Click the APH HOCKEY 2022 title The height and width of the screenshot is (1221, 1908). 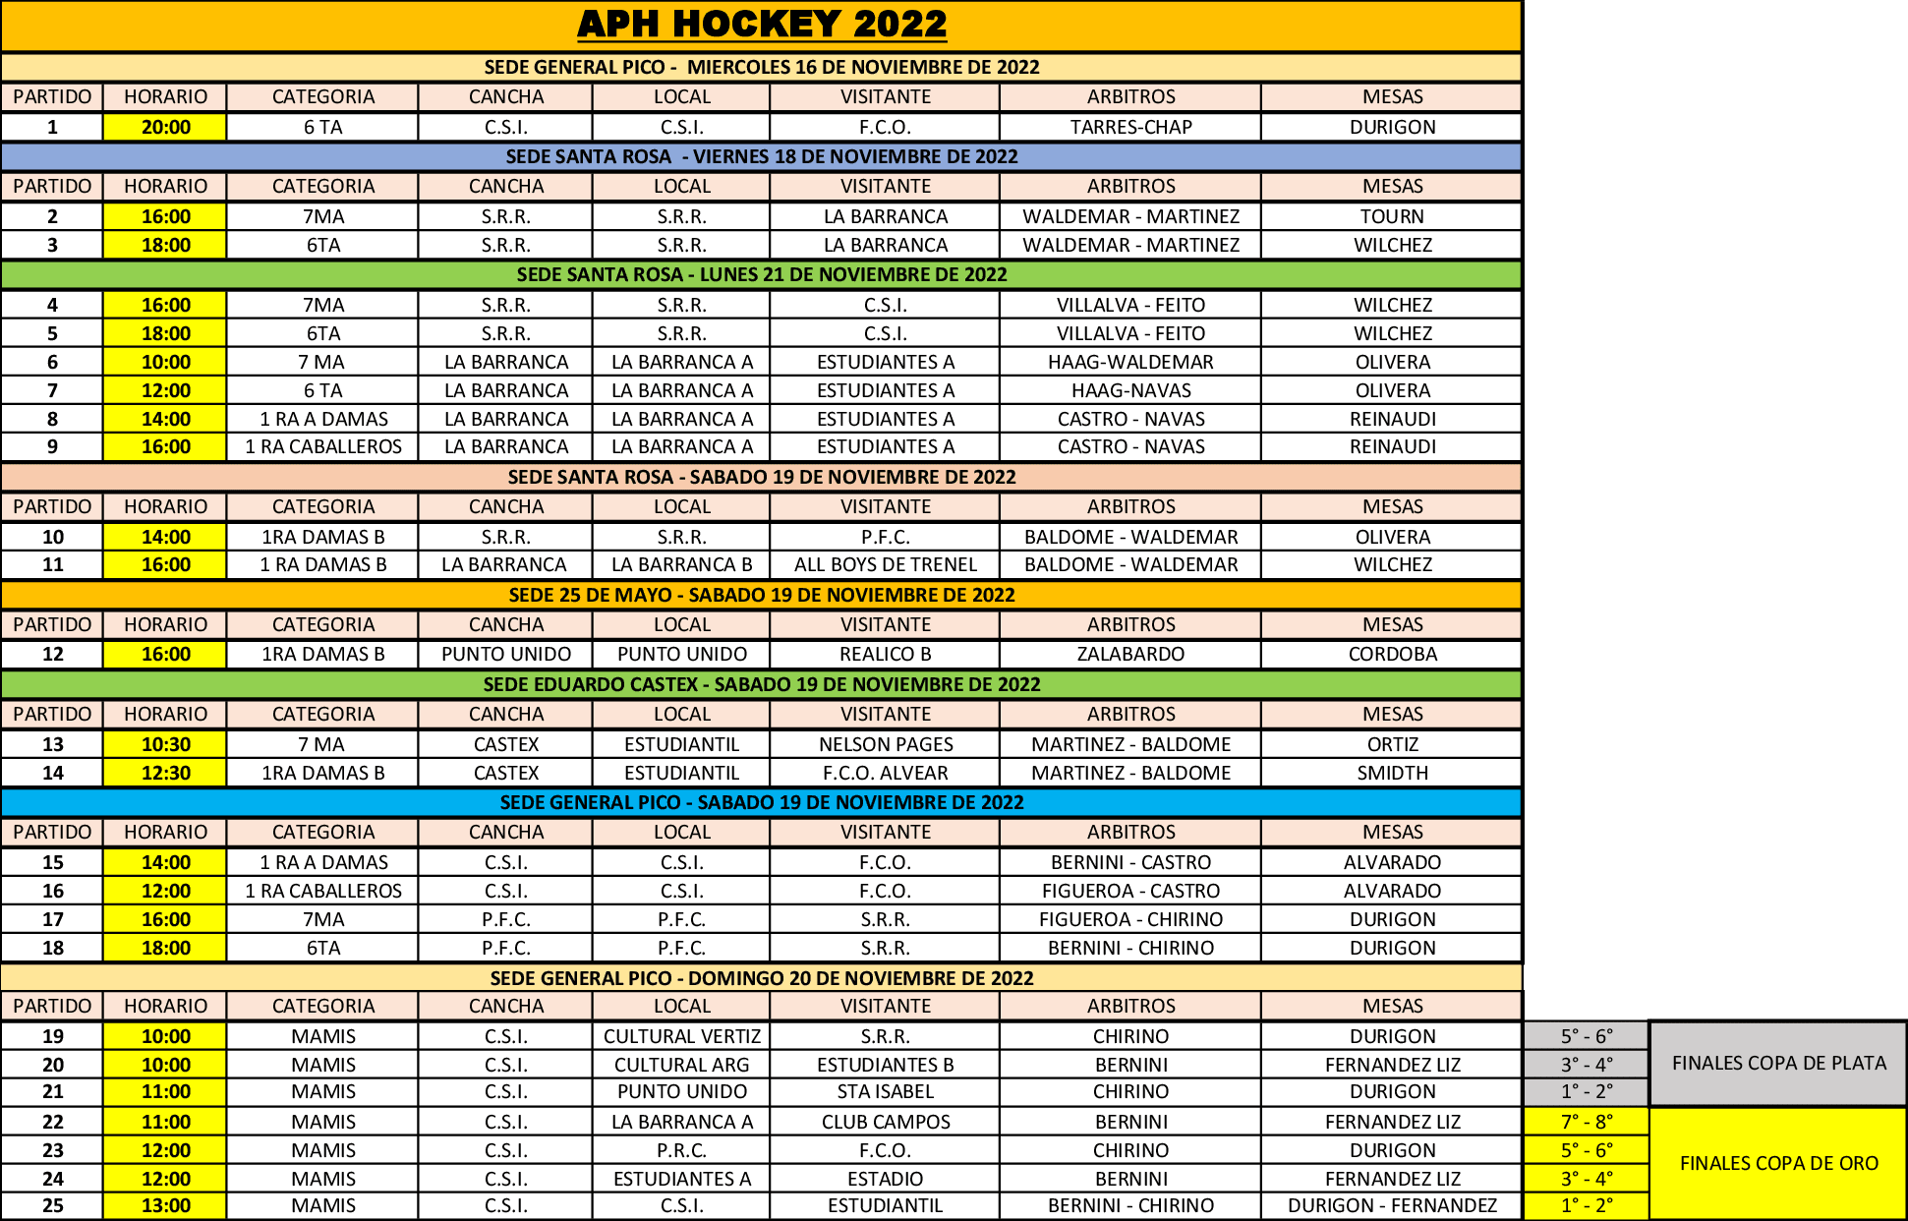pos(762,25)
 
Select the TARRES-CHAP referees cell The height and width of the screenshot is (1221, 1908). pos(1130,127)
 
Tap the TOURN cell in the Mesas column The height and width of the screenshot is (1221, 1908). pos(1392,216)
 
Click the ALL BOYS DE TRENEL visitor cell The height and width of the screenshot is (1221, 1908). pos(885,564)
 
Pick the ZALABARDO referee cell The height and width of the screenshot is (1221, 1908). pos(1130,654)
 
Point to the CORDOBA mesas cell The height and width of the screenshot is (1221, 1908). pos(1392,654)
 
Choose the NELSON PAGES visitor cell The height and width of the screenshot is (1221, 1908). pos(885,744)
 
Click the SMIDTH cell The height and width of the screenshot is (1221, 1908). pos(1392,773)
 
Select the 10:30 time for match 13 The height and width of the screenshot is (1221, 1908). pos(165,744)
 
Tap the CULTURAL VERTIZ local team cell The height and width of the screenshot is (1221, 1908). pos(681,1036)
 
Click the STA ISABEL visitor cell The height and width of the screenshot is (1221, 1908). pos(885,1091)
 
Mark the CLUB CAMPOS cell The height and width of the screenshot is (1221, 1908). pos(885,1122)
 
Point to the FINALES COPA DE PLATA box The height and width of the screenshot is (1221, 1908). pos(1778,1063)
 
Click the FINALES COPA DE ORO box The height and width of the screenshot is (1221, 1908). pos(1778,1163)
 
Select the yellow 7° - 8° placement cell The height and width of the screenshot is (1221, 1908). pos(1586,1122)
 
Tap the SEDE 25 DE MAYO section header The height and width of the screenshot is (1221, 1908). pos(762,595)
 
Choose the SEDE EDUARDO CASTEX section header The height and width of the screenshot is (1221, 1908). pos(762,684)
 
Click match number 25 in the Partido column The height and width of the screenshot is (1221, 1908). pos(52,1205)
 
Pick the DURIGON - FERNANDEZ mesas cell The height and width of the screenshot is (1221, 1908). pos(1392,1205)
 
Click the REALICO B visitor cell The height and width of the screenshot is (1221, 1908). pos(885,654)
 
